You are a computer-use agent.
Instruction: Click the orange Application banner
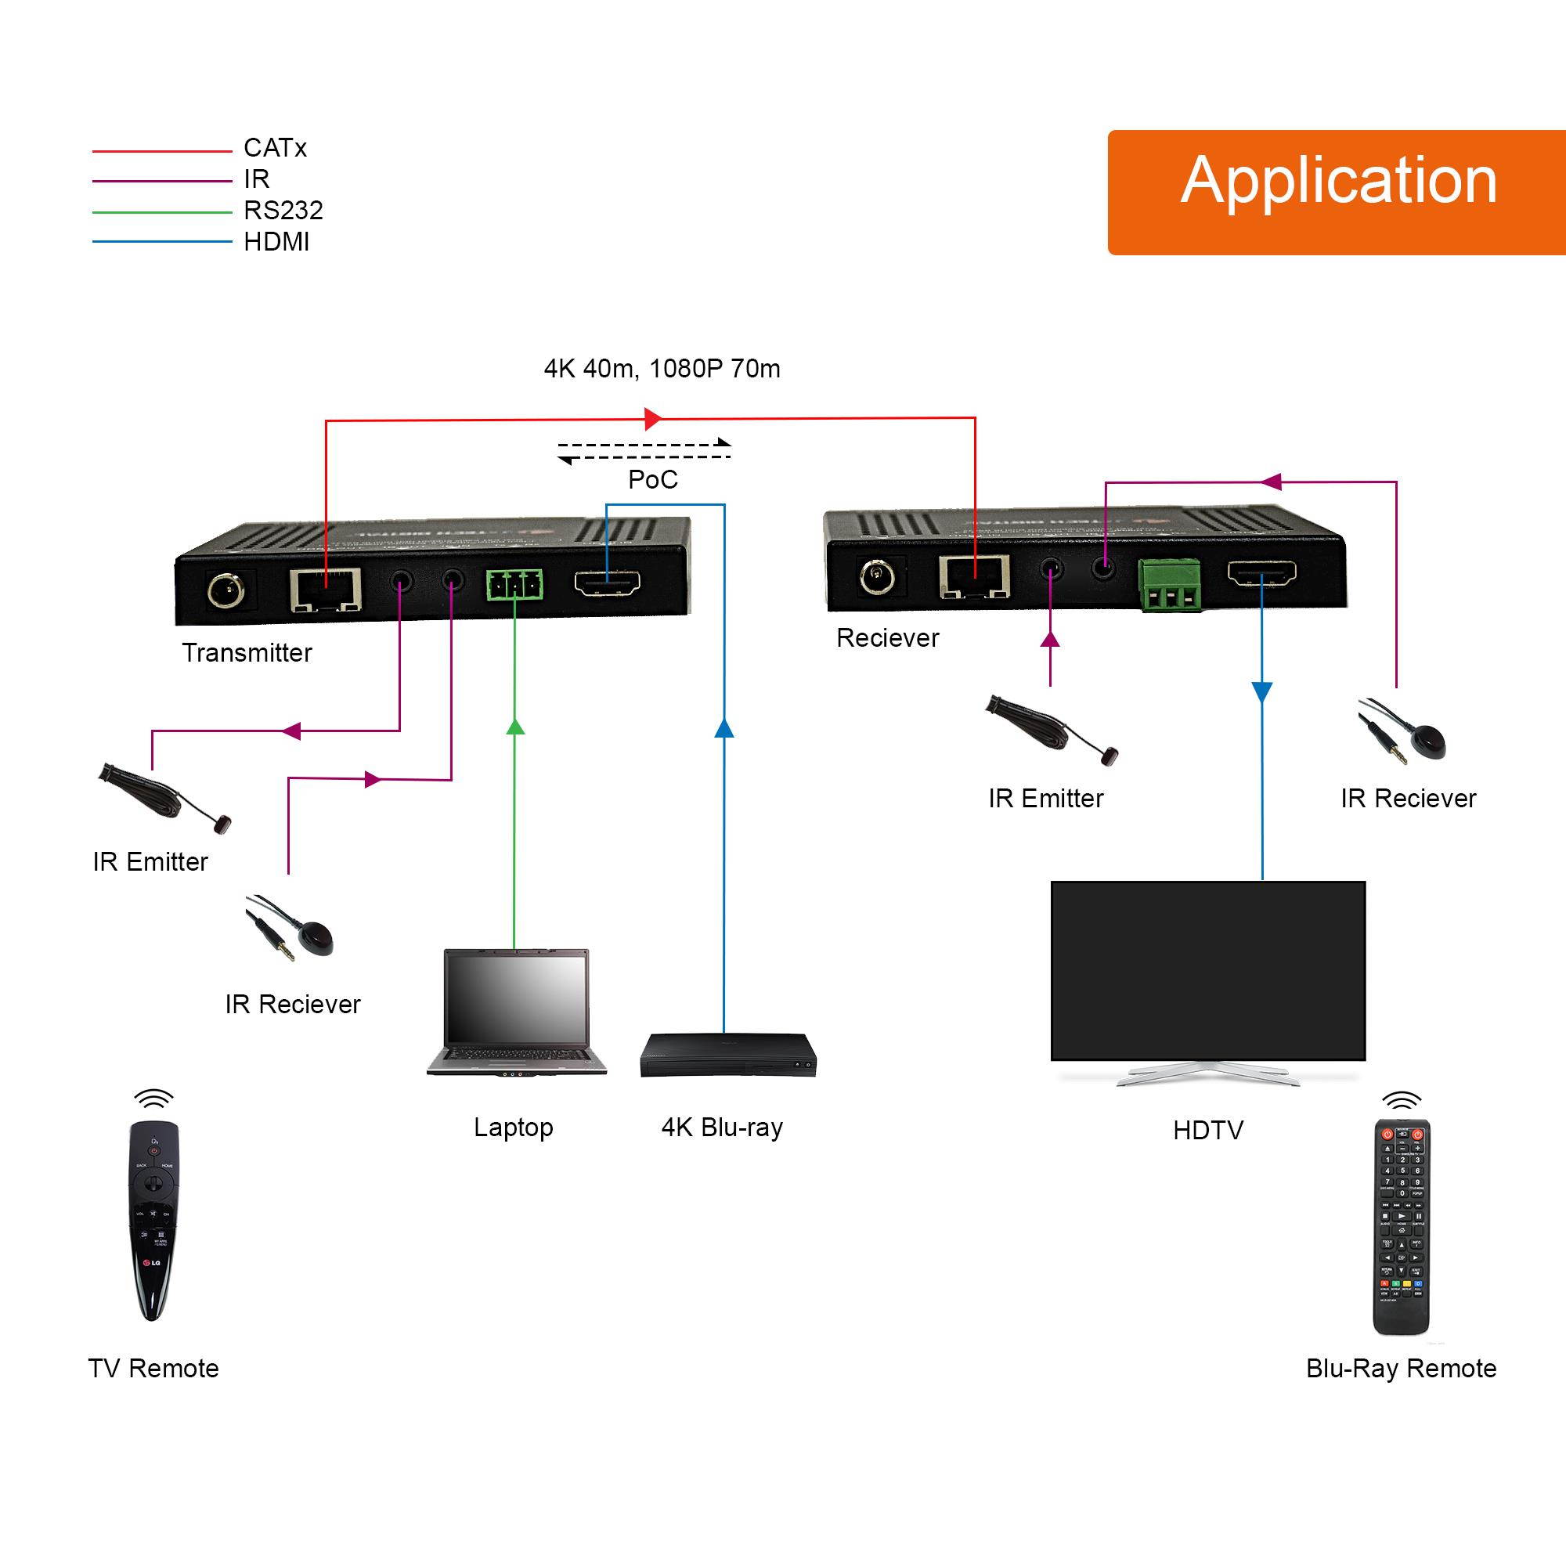coord(1337,192)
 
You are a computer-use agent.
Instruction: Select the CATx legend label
coord(275,148)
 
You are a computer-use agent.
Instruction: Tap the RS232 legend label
coord(283,211)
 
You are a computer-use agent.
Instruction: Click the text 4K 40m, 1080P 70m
coord(662,369)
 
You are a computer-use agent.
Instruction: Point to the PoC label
coord(652,480)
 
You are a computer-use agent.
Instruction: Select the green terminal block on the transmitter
coord(514,584)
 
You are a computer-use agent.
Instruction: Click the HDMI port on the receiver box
coord(1261,574)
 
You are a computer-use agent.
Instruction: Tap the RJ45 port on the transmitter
coord(326,590)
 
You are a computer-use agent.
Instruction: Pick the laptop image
coord(516,1012)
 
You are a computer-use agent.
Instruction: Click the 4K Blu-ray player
coord(727,1055)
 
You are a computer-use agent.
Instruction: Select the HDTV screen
coord(1207,971)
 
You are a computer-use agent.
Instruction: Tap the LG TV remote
coord(153,1219)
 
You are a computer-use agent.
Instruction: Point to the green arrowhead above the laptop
coord(515,727)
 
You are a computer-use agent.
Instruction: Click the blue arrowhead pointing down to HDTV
coord(1262,691)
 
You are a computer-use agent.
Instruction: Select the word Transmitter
coord(247,653)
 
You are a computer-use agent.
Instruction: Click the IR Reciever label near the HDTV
coord(1408,799)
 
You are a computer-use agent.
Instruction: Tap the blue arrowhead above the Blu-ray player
coord(723,728)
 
